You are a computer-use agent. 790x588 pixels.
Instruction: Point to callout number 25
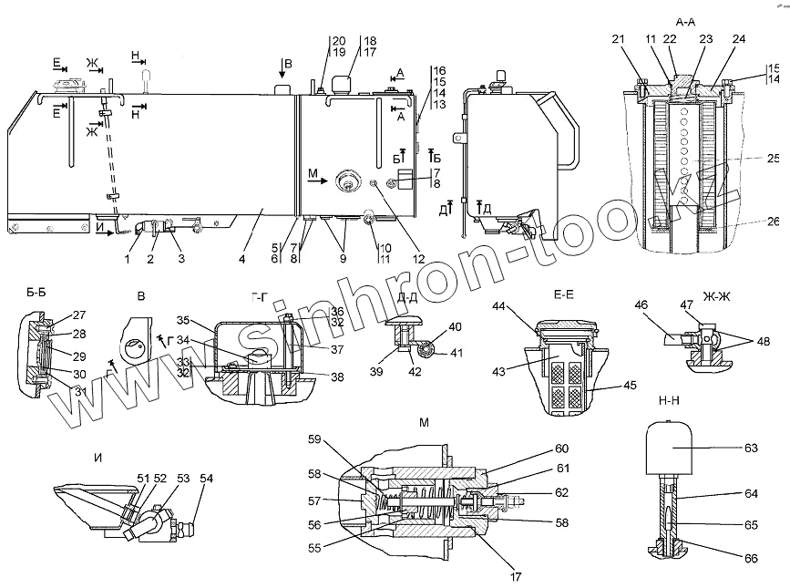tap(774, 157)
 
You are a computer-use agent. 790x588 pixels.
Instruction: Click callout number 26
tap(774, 222)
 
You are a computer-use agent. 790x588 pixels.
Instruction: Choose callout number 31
tap(55, 393)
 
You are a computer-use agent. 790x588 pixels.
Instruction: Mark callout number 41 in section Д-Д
tap(456, 353)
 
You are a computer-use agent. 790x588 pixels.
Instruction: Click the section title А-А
tap(686, 20)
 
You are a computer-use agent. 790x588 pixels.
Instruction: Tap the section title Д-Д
tap(408, 296)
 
